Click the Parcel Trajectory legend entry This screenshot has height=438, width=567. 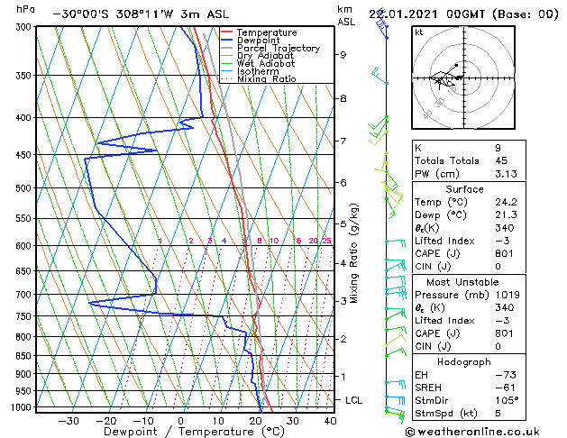(x=279, y=48)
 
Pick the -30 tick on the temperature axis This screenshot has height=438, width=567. (x=68, y=420)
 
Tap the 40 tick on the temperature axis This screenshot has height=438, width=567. (x=331, y=420)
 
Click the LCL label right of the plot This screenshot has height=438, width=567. (x=354, y=399)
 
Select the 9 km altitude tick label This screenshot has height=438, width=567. (x=343, y=55)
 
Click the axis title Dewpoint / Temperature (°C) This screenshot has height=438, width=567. (x=181, y=432)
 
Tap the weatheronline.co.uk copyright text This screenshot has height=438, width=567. (x=482, y=431)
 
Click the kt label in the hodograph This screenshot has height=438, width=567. (x=419, y=32)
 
